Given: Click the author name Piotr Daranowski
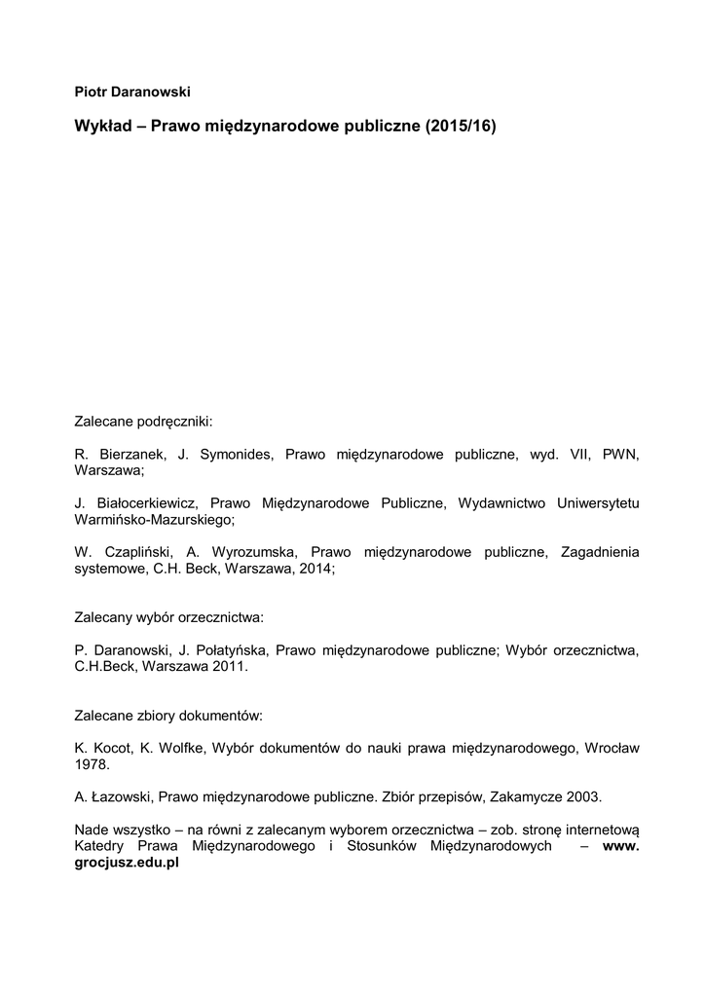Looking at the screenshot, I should tap(131, 92).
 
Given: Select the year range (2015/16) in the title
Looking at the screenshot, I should tap(461, 128).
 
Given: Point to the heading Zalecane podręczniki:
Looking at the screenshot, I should tap(143, 423).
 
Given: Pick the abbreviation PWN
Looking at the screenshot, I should tap(620, 455).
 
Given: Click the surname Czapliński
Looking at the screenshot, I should tap(147, 553).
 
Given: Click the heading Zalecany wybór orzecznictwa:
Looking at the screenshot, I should tap(168, 617).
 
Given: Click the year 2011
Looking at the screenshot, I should tap(231, 667).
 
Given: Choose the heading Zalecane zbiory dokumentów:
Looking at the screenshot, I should tap(168, 715).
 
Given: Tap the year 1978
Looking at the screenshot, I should tap(90, 764).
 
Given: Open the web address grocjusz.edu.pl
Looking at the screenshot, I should tap(128, 863).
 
